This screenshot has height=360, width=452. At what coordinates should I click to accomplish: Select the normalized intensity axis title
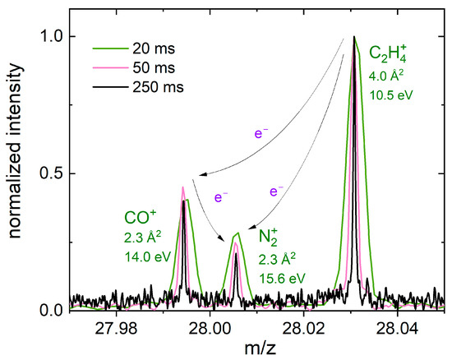(x=17, y=173)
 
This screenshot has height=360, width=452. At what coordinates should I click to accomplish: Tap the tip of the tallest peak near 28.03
(x=354, y=37)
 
